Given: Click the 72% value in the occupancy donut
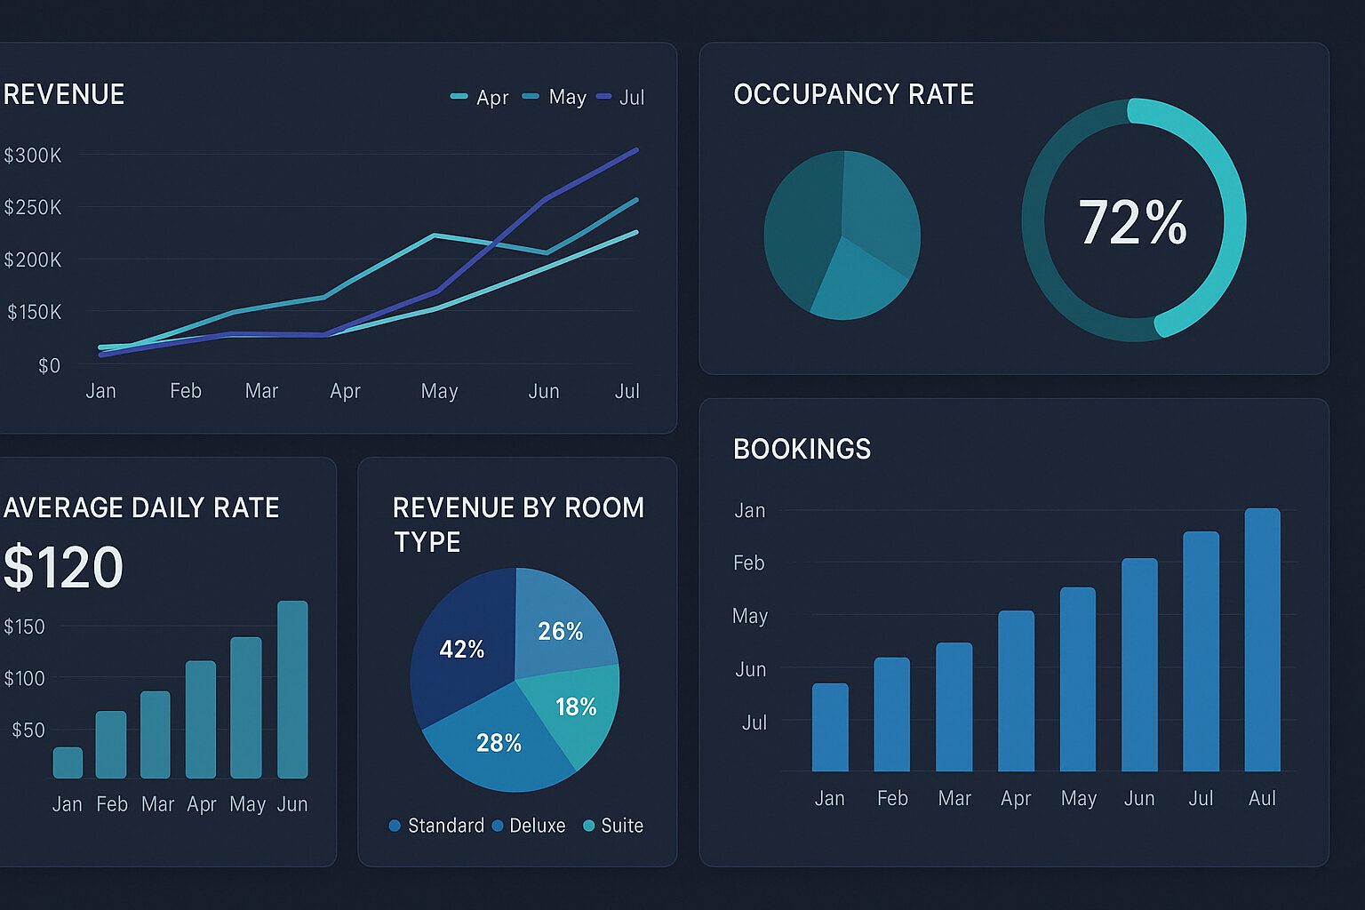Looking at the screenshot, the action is point(1133,222).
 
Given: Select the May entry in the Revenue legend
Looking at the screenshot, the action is point(555,97).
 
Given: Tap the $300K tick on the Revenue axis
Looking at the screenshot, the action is point(33,156).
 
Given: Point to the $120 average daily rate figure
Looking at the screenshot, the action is point(63,567).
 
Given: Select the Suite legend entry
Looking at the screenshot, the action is point(613,826).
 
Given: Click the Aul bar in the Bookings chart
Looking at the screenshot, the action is point(1262,640).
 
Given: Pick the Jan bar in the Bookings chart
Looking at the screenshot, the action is point(830,727).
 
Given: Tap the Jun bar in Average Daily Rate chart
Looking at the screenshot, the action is point(292,690).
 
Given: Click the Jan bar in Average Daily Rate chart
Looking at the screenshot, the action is point(68,762).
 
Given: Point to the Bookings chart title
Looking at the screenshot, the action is point(802,449).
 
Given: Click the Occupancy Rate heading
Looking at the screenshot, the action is point(854,94).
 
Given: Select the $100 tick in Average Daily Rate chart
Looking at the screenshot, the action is point(24,678).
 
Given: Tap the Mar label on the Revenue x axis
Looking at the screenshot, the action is point(261,391).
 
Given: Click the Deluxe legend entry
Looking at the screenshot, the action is point(529,826).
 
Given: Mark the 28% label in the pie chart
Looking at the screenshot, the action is point(499,743).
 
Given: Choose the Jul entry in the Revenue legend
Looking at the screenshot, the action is point(620,97).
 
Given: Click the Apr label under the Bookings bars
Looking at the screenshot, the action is point(1016,798).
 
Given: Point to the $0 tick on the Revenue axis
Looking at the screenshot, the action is point(50,366).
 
